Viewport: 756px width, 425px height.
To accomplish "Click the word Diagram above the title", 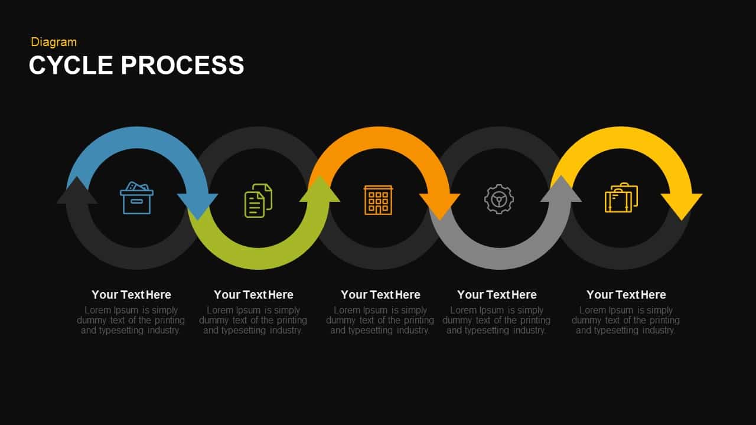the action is click(54, 42).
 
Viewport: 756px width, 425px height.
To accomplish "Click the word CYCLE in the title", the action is click(71, 65).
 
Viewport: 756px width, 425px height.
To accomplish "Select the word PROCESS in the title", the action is click(183, 65).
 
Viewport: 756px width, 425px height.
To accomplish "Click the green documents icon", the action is click(258, 200).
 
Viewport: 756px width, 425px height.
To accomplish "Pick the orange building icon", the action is click(379, 200).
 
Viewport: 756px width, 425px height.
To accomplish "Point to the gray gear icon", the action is click(499, 199).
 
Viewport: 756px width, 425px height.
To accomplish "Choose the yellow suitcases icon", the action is click(621, 198).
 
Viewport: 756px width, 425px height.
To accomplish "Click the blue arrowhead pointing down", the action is click(198, 205).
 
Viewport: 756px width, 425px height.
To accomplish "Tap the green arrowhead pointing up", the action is click(320, 191).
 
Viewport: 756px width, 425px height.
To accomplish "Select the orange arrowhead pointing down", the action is click(440, 205).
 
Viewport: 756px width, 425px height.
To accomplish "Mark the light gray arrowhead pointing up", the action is click(561, 191).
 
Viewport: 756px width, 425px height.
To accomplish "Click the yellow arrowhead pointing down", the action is click(682, 205).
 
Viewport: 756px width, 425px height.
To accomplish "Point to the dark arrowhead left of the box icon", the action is click(77, 192).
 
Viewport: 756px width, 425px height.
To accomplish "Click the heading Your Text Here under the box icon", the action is click(131, 295).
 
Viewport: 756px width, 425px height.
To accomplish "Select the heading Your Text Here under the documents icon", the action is click(253, 295).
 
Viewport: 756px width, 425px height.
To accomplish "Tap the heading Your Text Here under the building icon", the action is click(380, 295).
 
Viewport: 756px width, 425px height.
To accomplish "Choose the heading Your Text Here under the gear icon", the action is click(497, 295).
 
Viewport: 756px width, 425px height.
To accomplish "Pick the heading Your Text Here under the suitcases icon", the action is click(626, 295).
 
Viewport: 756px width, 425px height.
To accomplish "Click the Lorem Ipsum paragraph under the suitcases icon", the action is click(625, 320).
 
